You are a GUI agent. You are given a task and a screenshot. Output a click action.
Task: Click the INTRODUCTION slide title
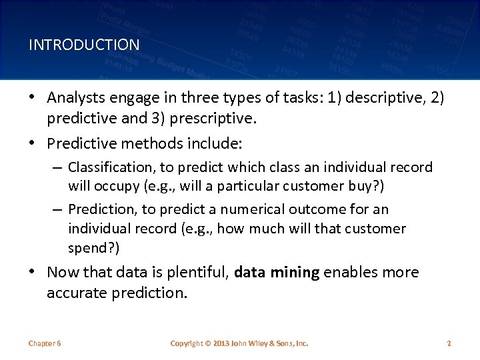84,45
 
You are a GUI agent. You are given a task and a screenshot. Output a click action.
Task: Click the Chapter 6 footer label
45,343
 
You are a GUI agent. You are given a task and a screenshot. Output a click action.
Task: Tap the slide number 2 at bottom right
449,343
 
